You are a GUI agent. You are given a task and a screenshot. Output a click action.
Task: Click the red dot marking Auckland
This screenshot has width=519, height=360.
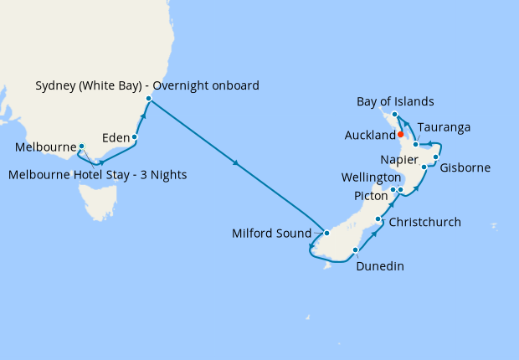[x=401, y=134]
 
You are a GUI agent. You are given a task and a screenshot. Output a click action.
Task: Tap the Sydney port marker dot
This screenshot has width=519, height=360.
[x=148, y=100]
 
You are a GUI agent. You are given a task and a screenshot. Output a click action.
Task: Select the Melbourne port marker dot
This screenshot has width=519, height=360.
[x=81, y=147]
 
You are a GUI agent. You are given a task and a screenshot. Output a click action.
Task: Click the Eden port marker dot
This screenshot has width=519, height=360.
[x=134, y=136]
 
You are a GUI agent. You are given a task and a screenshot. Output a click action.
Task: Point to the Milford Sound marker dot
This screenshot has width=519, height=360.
[x=327, y=234]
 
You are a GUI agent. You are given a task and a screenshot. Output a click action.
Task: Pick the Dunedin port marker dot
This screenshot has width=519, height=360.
[x=356, y=250]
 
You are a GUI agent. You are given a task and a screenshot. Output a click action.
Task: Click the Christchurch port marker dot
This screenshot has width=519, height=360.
[x=379, y=220]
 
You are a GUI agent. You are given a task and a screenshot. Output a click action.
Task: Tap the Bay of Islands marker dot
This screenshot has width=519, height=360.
[x=394, y=114]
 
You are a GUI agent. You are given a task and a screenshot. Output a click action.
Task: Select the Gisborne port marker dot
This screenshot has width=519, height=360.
[x=435, y=157]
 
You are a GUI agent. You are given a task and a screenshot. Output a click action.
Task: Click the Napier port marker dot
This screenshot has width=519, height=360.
[x=424, y=167]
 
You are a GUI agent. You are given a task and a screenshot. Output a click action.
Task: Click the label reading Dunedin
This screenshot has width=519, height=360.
[x=380, y=267]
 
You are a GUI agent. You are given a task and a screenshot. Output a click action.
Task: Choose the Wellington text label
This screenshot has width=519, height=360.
[x=372, y=178]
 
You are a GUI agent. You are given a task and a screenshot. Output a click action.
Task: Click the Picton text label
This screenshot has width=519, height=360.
[x=372, y=195]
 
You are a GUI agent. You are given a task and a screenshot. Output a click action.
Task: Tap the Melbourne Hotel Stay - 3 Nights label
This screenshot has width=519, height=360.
[x=98, y=175]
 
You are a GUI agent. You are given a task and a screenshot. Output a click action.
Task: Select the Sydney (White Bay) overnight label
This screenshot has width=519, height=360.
[x=147, y=85]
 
